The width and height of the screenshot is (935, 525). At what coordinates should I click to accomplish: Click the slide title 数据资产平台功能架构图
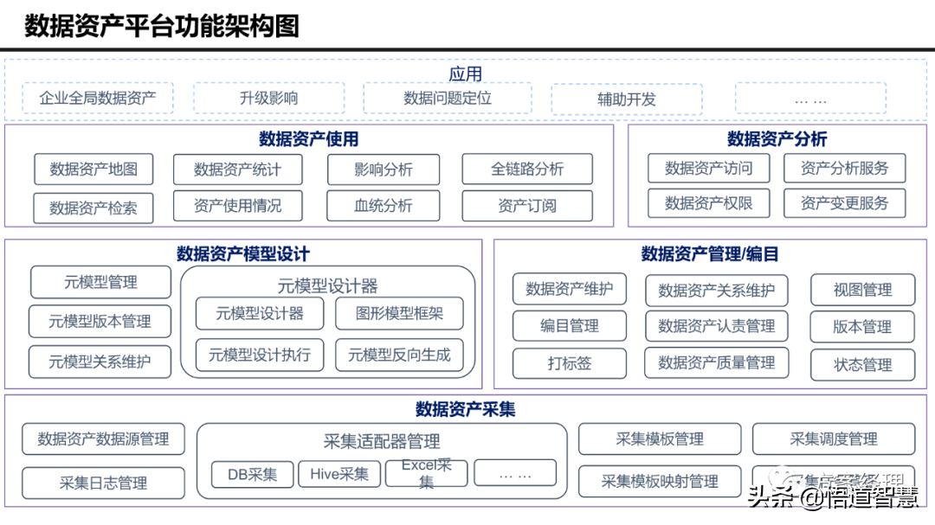tap(162, 26)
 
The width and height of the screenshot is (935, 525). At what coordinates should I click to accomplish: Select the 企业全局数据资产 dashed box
tap(98, 99)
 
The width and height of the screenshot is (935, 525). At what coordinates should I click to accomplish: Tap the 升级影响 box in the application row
tap(268, 99)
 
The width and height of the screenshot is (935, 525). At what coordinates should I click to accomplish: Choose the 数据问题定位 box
tap(448, 99)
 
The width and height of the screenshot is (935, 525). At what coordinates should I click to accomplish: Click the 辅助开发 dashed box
tap(626, 99)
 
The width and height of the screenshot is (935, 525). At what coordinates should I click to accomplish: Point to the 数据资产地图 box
tap(93, 170)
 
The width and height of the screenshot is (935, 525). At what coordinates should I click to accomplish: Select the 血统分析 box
tap(384, 206)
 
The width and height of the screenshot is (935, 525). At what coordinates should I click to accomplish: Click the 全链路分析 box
tap(527, 170)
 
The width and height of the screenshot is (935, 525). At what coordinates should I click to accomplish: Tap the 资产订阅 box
tap(527, 206)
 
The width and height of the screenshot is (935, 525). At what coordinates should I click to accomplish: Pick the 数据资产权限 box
tap(708, 204)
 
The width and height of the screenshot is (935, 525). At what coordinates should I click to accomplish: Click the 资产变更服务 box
tap(844, 204)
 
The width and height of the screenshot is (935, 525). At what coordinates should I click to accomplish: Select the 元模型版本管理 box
tap(100, 322)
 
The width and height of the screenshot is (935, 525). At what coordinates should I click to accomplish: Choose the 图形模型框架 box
tap(399, 314)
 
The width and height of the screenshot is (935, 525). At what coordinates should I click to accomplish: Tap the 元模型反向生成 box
tap(399, 355)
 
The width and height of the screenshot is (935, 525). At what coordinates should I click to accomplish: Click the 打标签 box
tap(569, 363)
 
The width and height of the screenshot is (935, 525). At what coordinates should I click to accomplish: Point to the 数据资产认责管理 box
tap(716, 326)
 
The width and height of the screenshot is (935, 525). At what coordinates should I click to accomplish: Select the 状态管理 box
tap(862, 365)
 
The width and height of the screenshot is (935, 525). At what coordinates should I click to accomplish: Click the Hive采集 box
tap(339, 474)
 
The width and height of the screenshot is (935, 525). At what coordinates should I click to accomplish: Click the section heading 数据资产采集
tap(465, 409)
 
